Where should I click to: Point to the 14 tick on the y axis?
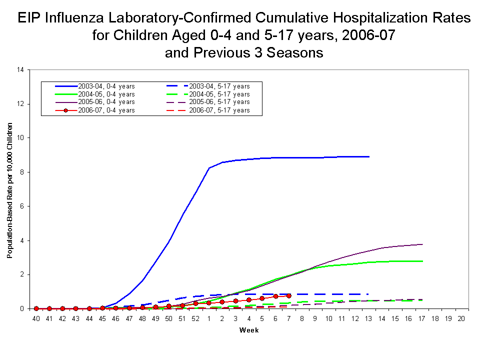20,70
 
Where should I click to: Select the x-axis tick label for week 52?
196,318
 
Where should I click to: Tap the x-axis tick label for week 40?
36,318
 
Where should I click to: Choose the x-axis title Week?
248,330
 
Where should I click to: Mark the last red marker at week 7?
289,296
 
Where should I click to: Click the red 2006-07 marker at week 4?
249,300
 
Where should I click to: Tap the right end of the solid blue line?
369,156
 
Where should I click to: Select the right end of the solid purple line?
423,244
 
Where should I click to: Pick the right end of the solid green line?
423,261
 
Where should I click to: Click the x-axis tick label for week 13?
368,318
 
